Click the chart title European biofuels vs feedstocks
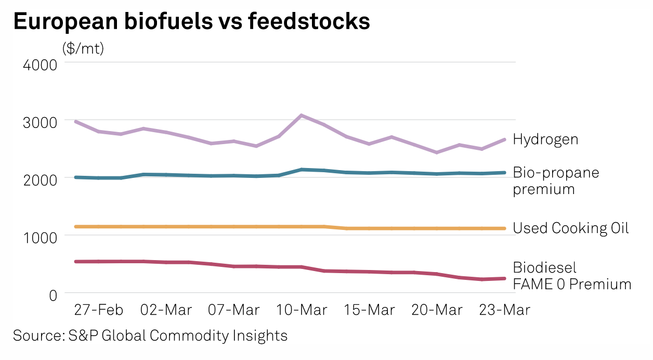click(191, 22)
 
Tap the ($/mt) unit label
click(83, 49)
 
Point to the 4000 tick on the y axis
click(41, 66)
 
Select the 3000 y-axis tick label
click(41, 123)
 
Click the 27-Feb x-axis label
click(99, 310)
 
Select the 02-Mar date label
click(166, 310)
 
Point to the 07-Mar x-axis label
click(234, 310)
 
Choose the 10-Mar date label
click(302, 310)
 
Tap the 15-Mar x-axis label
click(369, 310)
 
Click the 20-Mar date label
click(437, 310)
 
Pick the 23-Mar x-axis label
click(504, 310)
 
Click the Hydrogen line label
click(545, 139)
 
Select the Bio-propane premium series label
click(556, 181)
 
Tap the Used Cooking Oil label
click(571, 228)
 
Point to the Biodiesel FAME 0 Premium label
click(572, 276)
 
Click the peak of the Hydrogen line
click(302, 115)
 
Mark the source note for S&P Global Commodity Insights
click(150, 336)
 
